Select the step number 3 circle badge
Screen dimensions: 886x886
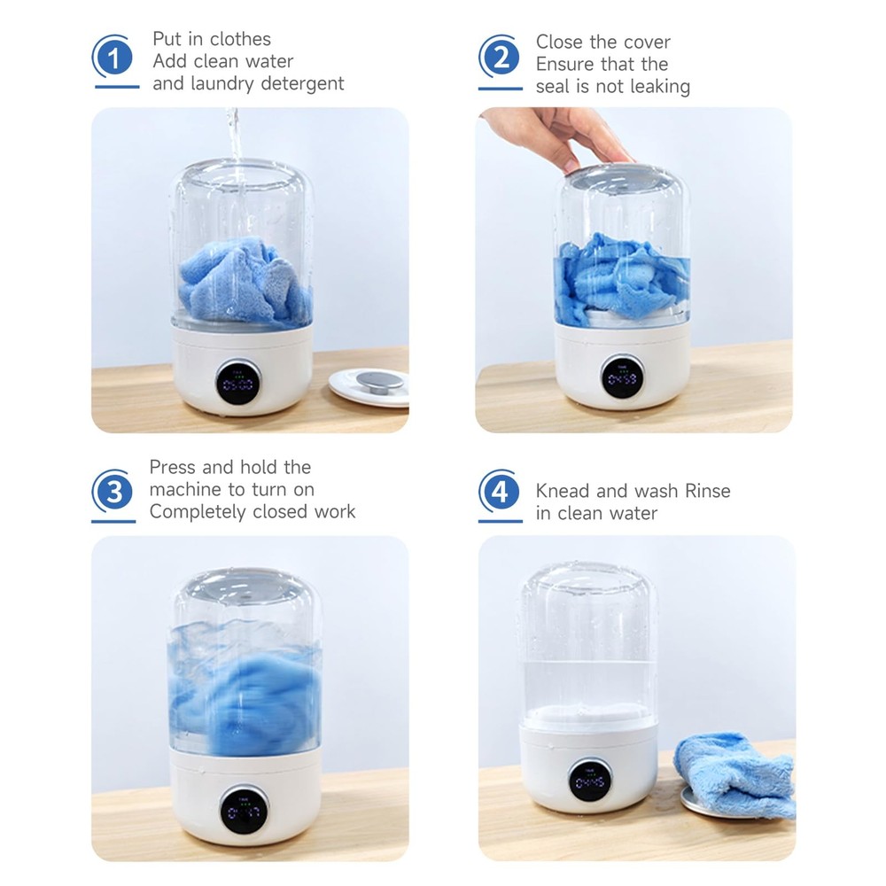[114, 492]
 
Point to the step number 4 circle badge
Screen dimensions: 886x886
[501, 492]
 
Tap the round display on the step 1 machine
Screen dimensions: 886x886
[238, 383]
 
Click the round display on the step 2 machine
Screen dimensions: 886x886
[622, 377]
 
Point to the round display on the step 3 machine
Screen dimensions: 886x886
[244, 810]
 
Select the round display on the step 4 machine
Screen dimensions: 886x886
[590, 780]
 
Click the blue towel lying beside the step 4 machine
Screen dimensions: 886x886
[735, 774]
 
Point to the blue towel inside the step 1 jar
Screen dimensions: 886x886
[245, 283]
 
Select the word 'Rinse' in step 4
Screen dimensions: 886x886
[707, 491]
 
